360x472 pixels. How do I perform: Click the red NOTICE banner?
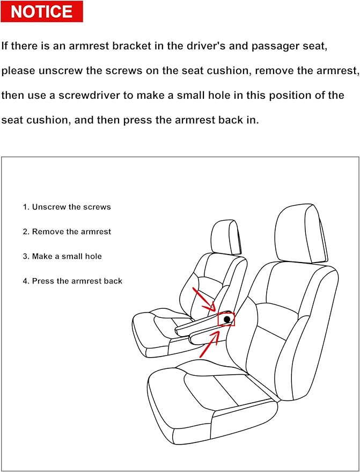pyautogui.click(x=42, y=12)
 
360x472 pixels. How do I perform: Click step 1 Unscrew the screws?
pyautogui.click(x=67, y=207)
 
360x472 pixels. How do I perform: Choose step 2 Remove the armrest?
pyautogui.click(x=67, y=231)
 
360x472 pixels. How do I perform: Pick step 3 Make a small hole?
pyautogui.click(x=62, y=256)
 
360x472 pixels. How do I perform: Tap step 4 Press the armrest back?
pyautogui.click(x=72, y=281)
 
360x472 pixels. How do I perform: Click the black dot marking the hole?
pyautogui.click(x=227, y=319)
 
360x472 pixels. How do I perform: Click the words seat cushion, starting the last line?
pyautogui.click(x=35, y=120)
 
